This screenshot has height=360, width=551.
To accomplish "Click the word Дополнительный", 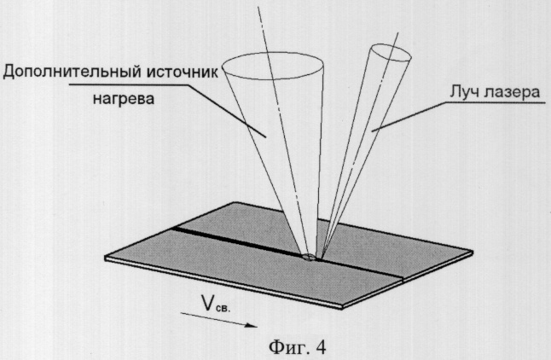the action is coord(72,73).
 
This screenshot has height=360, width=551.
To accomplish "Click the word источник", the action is coord(182,72).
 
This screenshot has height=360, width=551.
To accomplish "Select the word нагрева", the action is coord(124,99).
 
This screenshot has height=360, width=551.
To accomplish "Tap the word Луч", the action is coord(463,93).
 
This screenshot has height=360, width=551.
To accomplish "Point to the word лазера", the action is coord(511,93).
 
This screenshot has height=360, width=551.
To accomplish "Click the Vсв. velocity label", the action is coord(216,304).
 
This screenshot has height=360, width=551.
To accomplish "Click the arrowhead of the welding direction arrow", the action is coord(252,325).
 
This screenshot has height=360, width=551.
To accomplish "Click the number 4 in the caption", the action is coord(321,347).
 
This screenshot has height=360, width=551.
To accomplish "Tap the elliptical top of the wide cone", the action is coord(273,53).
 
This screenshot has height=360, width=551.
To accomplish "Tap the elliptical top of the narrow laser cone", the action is coord(391,45).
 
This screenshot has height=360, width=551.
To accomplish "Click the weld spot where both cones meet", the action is coord(310,257).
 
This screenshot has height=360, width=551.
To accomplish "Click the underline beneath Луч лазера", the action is coord(495,102).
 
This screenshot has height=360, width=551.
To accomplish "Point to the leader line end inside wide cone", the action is coord(265,136).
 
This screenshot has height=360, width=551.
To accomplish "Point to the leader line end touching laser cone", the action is coord(373,131).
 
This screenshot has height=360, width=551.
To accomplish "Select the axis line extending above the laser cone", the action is coord(394,39).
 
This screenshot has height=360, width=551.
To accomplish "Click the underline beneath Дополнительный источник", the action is coord(128,84).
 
